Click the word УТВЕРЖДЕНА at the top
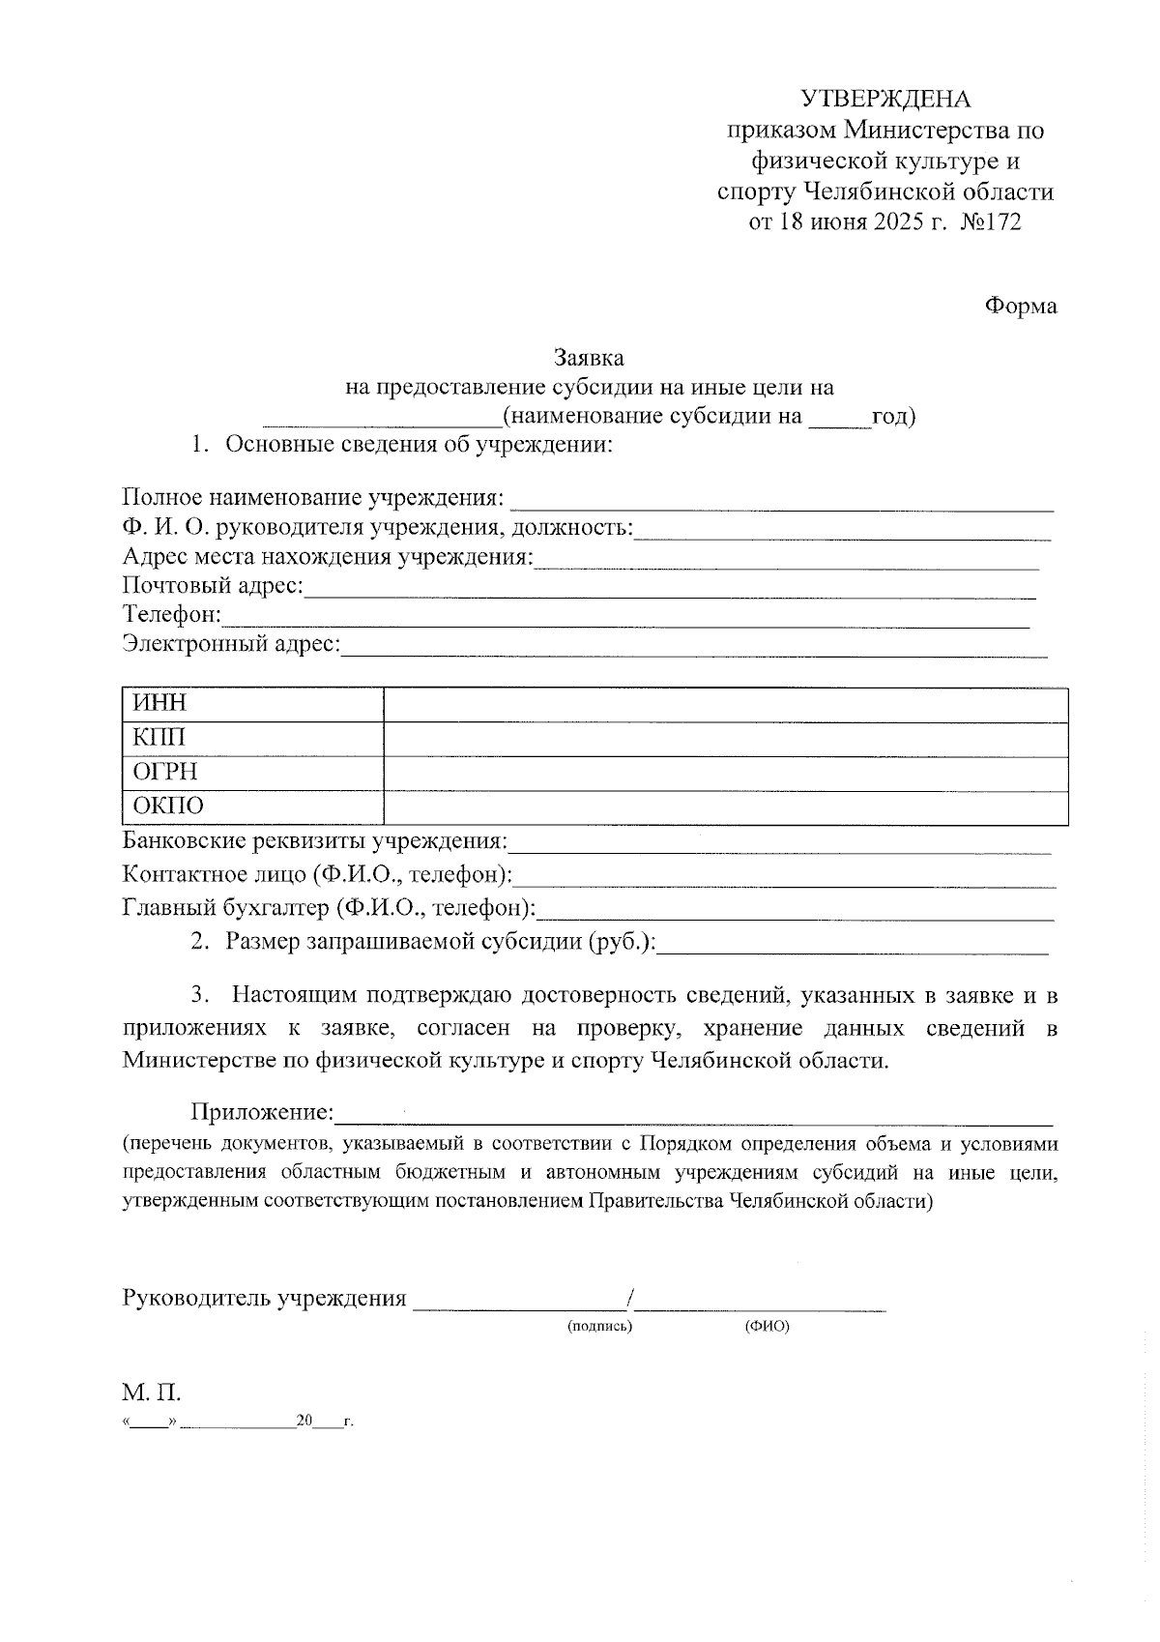point(884,100)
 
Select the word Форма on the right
point(1021,306)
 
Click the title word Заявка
point(589,357)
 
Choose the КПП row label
point(159,738)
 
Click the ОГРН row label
point(164,772)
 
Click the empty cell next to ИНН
point(725,704)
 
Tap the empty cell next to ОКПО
point(725,807)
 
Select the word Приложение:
point(262,1113)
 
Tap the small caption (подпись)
point(599,1326)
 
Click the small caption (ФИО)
point(767,1326)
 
